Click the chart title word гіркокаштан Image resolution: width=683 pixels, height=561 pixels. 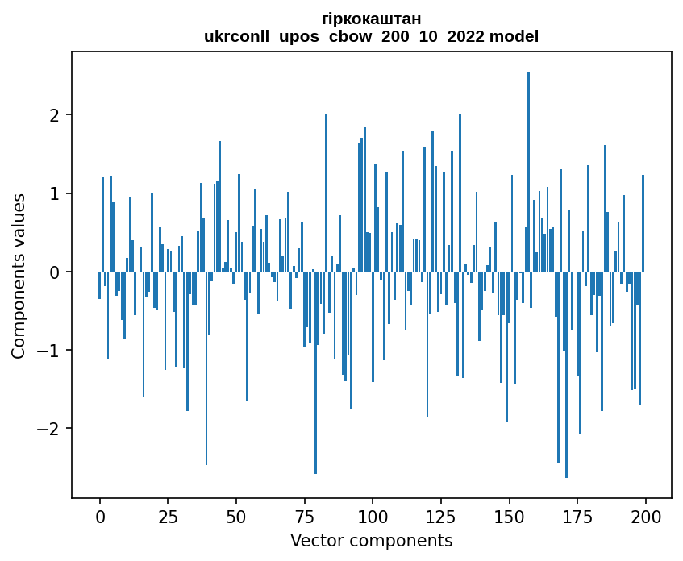371,19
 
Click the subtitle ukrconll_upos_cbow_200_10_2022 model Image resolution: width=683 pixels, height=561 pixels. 371,36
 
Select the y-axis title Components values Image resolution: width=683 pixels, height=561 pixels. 19,276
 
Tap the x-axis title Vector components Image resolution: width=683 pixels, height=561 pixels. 371,540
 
